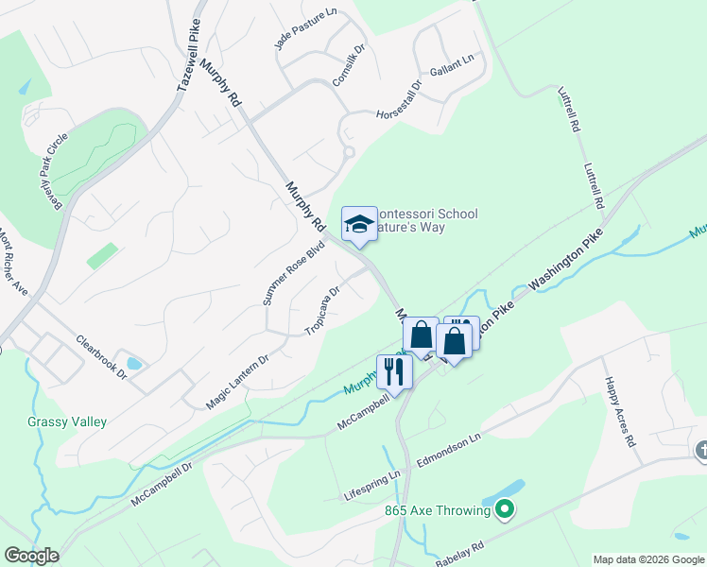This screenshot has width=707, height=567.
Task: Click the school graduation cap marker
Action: [359, 224]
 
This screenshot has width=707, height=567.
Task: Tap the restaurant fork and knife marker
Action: [394, 371]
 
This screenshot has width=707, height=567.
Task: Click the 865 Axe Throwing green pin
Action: [505, 511]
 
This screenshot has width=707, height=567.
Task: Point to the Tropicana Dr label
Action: [322, 310]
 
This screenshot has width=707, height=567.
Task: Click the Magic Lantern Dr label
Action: [237, 382]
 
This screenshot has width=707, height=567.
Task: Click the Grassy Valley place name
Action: [67, 422]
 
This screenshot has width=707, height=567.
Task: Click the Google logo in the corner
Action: [31, 556]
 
